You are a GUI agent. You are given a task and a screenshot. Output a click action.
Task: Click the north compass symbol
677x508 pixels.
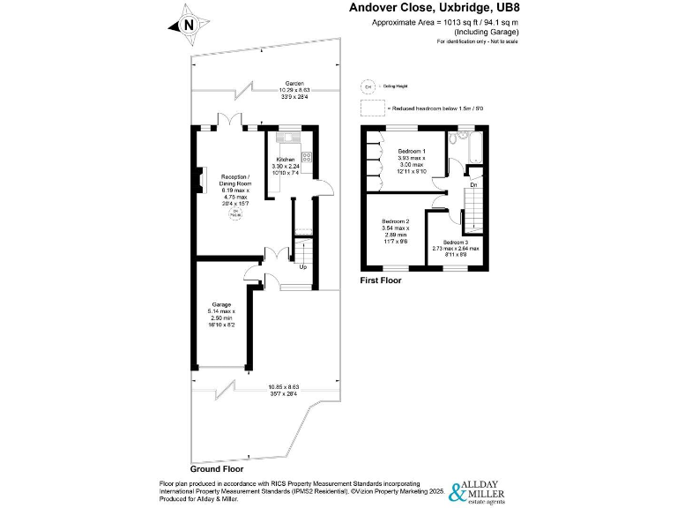tap(188, 26)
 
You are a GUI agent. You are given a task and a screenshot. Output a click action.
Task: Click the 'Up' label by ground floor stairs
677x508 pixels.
tap(303, 266)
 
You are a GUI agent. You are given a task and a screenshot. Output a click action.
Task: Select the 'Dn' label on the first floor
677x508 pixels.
tap(473, 185)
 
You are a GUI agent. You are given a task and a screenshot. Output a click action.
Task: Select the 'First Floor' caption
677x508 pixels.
tap(381, 280)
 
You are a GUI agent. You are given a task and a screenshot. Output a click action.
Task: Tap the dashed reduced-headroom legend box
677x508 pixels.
tap(372, 108)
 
